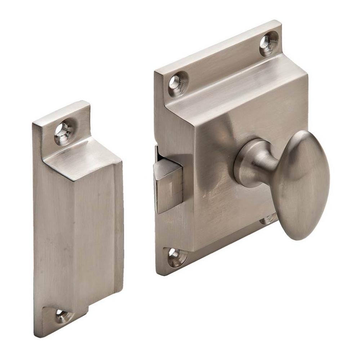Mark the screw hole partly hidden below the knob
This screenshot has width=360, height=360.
point(270,218)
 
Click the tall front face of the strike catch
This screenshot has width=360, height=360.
point(77,234)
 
